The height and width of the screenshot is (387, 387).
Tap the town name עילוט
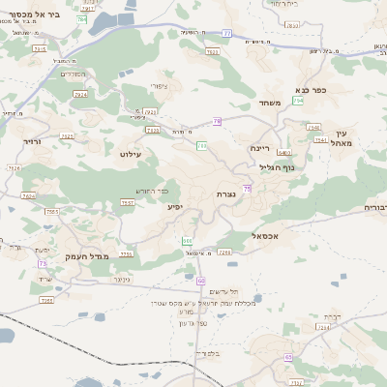click(x=132, y=154)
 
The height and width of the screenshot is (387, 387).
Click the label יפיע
click(x=174, y=206)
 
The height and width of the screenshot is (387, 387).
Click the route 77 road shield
click(x=225, y=33)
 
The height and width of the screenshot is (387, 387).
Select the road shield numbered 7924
click(x=80, y=95)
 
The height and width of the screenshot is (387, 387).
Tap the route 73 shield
click(x=43, y=262)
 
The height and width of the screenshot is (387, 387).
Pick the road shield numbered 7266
click(x=224, y=252)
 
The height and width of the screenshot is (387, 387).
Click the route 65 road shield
click(x=288, y=357)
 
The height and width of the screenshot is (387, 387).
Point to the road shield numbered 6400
click(x=283, y=152)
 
